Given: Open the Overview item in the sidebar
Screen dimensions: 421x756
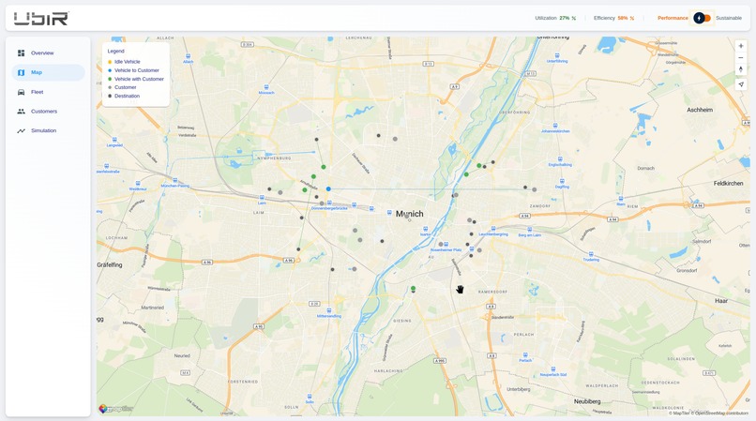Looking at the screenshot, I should click(x=42, y=53).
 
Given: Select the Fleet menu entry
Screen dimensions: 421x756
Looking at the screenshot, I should click(x=37, y=92).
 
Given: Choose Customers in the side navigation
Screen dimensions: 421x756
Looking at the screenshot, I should click(x=43, y=112).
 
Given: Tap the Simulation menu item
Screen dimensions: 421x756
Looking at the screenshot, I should click(x=43, y=130).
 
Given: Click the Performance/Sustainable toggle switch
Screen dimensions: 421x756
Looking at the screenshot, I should click(x=703, y=18).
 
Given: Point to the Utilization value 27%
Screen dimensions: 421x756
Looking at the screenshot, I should click(x=565, y=18).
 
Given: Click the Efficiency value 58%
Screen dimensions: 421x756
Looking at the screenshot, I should click(x=623, y=18).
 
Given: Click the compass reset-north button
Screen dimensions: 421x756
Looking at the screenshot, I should click(x=741, y=69).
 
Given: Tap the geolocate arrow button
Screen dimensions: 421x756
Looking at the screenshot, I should click(x=741, y=84).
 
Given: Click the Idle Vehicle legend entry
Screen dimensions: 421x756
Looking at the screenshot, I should click(x=127, y=62).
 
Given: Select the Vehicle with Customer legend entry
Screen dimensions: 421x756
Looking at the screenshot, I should click(x=139, y=79).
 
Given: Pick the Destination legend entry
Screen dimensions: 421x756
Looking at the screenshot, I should click(x=127, y=96).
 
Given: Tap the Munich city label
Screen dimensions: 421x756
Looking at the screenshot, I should click(x=410, y=214).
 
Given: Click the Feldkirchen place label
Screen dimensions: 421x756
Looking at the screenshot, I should click(x=728, y=183).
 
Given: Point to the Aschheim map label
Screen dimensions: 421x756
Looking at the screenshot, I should click(x=700, y=110).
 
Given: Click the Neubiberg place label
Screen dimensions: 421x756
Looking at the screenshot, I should click(x=586, y=400).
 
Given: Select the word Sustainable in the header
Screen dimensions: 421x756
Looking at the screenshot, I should click(x=729, y=18).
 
